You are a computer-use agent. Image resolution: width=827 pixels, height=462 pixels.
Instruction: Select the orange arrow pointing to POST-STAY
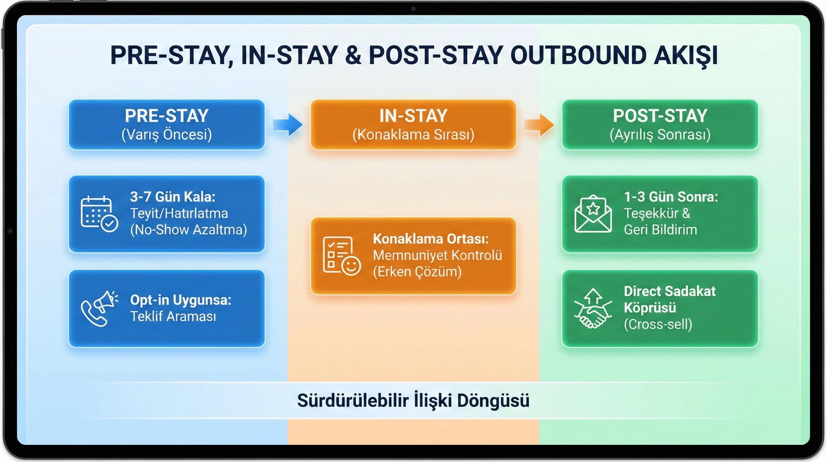pyautogui.click(x=539, y=125)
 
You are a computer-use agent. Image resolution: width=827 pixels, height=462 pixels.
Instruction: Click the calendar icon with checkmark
pyautogui.click(x=99, y=214)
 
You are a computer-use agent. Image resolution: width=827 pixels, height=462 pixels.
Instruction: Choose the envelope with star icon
pyautogui.click(x=593, y=214)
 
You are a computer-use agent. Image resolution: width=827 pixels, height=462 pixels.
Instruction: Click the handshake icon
pyautogui.click(x=593, y=308)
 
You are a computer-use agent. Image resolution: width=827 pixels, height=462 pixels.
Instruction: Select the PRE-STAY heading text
pyautogui.click(x=166, y=116)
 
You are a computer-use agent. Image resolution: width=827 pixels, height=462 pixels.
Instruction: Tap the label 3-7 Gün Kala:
pyautogui.click(x=172, y=197)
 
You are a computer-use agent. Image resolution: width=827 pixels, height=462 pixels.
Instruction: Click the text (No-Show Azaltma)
pyautogui.click(x=188, y=230)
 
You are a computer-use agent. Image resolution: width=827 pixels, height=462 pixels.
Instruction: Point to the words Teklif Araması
pyautogui.click(x=173, y=316)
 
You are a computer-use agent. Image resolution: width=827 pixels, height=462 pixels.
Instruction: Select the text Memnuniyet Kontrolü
pyautogui.click(x=437, y=255)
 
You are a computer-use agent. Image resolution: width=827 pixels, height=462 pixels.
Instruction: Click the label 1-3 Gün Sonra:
pyautogui.click(x=671, y=197)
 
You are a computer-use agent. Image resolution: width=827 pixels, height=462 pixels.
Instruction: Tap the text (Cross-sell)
pyautogui.click(x=658, y=324)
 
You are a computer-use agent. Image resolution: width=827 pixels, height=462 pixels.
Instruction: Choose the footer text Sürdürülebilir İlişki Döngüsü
pyautogui.click(x=413, y=400)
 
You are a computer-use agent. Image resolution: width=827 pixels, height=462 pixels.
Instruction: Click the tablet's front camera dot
pyautogui.click(x=413, y=9)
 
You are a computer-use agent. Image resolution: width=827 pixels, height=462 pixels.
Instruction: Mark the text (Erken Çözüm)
pyautogui.click(x=417, y=272)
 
